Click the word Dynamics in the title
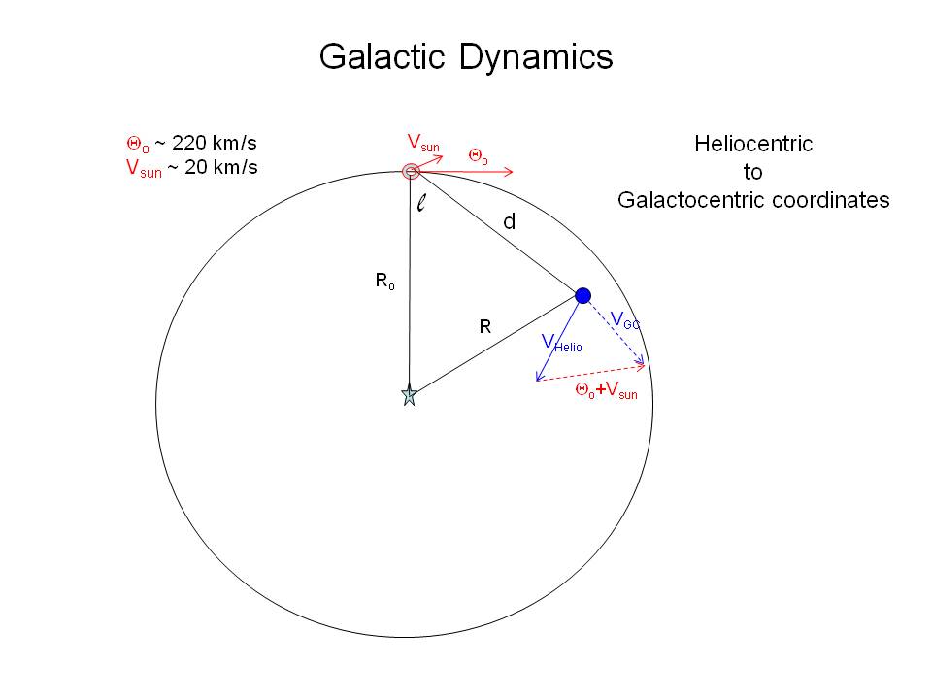[x=536, y=57]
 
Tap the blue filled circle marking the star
[x=582, y=295]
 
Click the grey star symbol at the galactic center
[x=409, y=395]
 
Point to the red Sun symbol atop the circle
[x=412, y=172]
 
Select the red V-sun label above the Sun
[x=422, y=144]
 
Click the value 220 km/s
[x=215, y=144]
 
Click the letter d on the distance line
[x=509, y=222]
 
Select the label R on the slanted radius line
[x=485, y=328]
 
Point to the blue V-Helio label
[x=561, y=343]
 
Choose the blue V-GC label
[x=624, y=319]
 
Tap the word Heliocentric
[x=753, y=144]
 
